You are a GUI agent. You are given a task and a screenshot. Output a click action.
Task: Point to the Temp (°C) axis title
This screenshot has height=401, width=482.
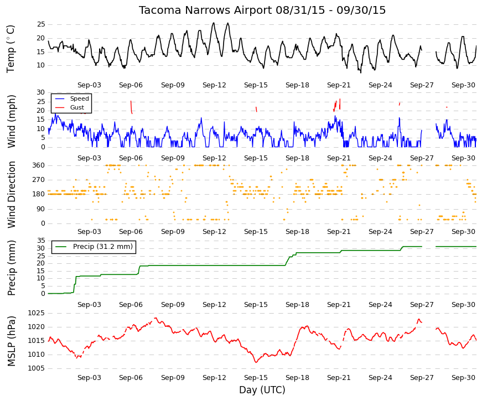pyautogui.click(x=11, y=49)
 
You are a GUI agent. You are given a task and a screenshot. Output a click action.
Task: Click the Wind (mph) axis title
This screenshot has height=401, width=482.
pyautogui.click(x=11, y=122)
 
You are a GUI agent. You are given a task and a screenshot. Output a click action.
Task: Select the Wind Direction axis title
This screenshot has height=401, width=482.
pyautogui.click(x=11, y=195)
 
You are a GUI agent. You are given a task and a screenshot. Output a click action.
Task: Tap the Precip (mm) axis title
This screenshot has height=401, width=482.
pyautogui.click(x=11, y=268)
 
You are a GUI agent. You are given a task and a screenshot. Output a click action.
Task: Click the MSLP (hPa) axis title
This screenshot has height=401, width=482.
pyautogui.click(x=11, y=341)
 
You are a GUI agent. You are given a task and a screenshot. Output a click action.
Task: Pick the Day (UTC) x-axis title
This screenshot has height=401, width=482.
pyautogui.click(x=262, y=390)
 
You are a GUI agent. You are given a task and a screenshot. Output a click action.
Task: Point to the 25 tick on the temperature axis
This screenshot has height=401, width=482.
pyautogui.click(x=41, y=24)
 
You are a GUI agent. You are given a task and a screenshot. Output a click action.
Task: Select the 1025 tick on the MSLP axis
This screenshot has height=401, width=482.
pyautogui.click(x=37, y=313)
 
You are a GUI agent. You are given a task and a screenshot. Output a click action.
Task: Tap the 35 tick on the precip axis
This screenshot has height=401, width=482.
pyautogui.click(x=41, y=240)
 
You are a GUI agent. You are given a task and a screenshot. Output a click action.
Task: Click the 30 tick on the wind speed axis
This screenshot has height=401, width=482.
pyautogui.click(x=41, y=92)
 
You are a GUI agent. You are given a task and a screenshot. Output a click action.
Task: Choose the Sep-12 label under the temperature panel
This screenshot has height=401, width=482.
pyautogui.click(x=214, y=85)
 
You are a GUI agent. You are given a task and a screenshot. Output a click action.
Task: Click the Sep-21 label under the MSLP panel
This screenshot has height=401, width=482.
pyautogui.click(x=339, y=378)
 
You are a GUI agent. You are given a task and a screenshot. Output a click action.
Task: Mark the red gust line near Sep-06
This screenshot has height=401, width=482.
pyautogui.click(x=131, y=107)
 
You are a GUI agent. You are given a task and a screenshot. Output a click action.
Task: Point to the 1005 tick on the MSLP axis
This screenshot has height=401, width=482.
pyautogui.click(x=37, y=368)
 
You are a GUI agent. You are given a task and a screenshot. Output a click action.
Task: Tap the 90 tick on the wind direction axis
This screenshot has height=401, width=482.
pyautogui.click(x=41, y=209)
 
